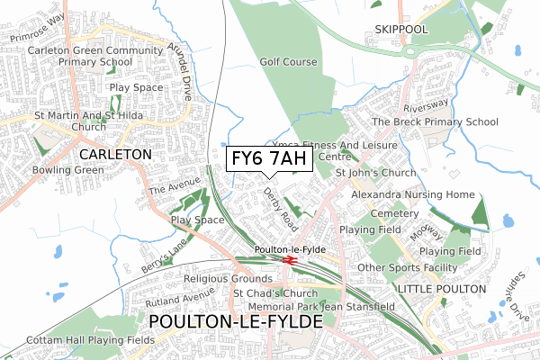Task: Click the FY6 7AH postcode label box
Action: pyautogui.click(x=269, y=159)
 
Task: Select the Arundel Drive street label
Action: pyautogui.click(x=183, y=71)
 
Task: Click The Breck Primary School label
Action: pyautogui.click(x=435, y=121)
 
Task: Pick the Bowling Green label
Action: pyautogui.click(x=39, y=168)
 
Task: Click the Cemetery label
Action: pyautogui.click(x=395, y=214)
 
